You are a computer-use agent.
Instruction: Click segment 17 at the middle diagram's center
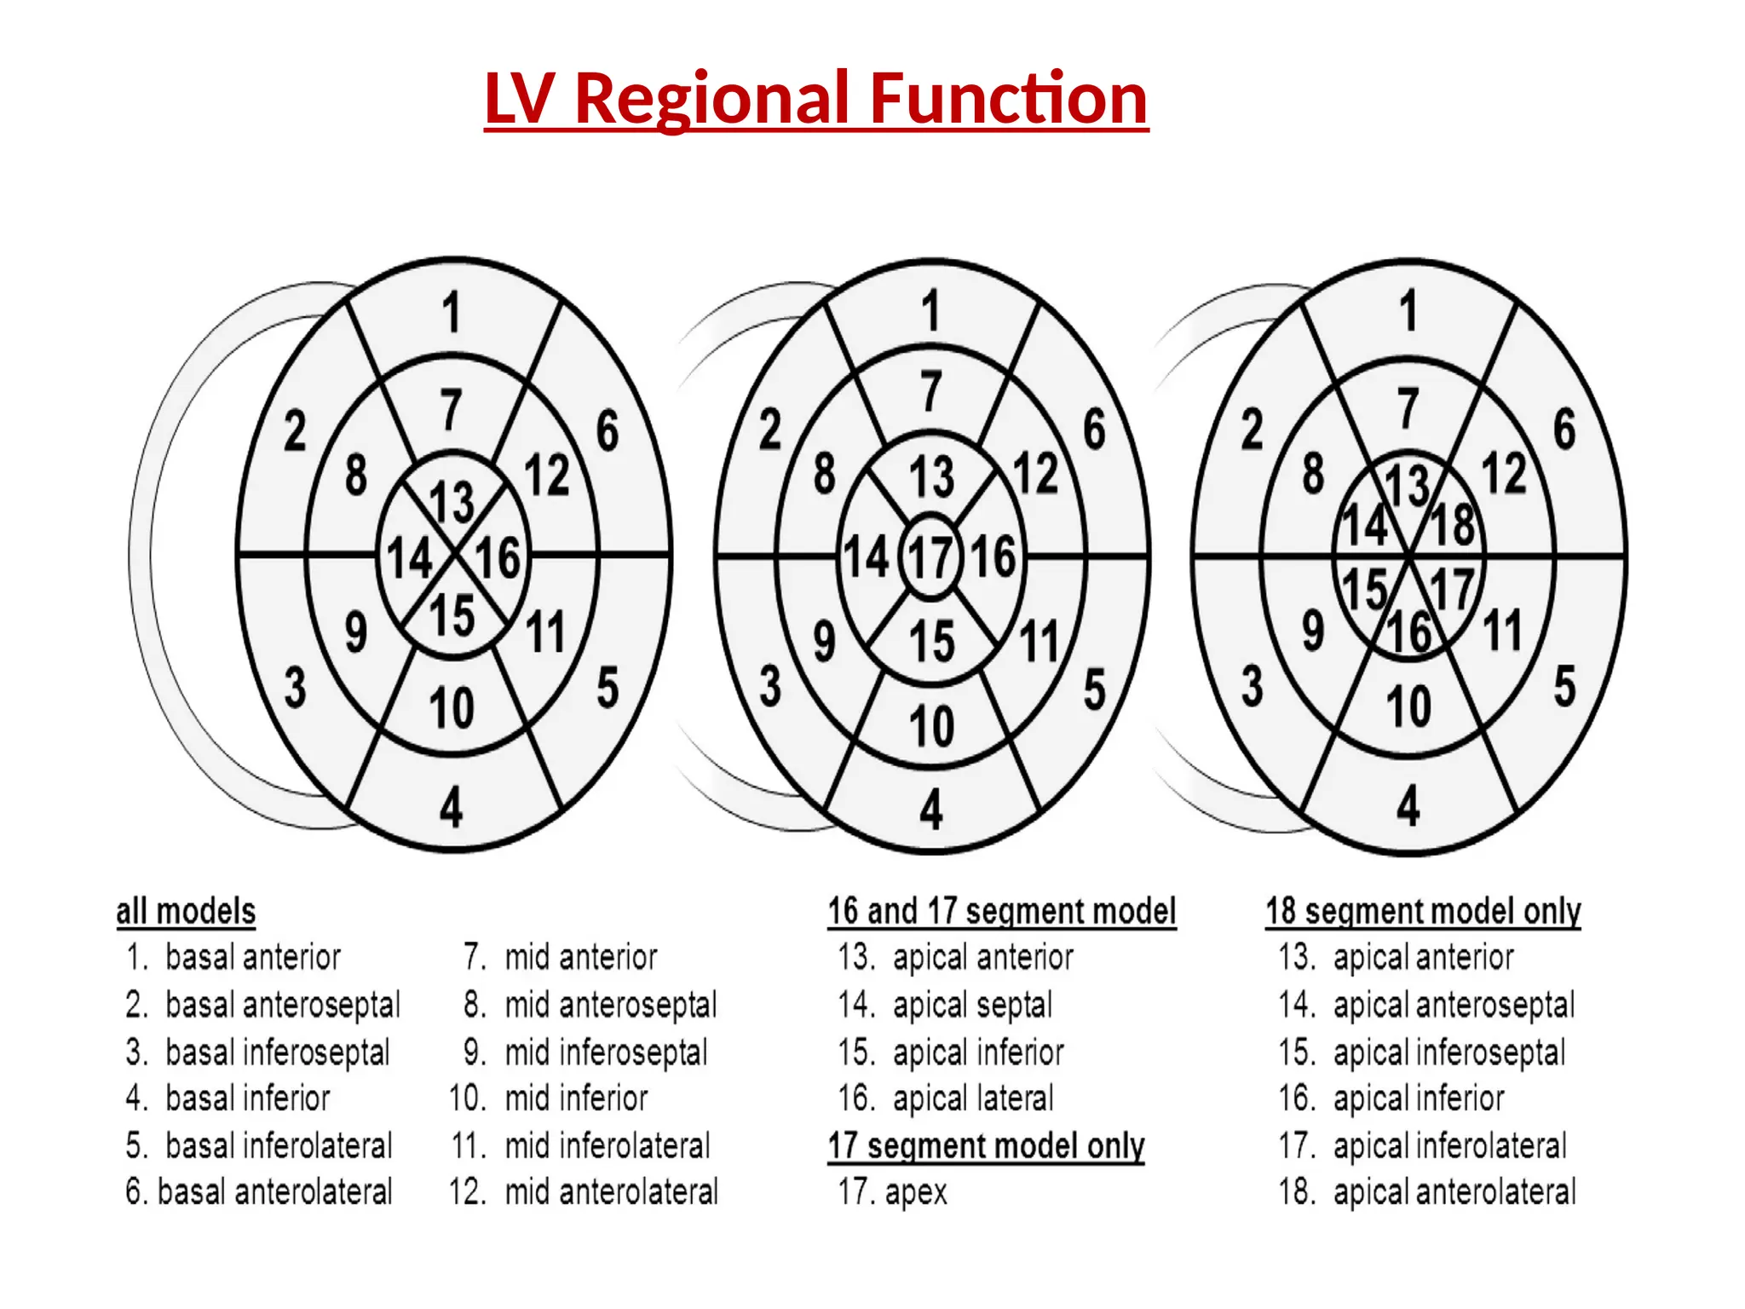click(x=930, y=558)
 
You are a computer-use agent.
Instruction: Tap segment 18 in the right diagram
click(x=1453, y=525)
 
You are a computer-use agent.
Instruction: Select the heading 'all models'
click(x=186, y=911)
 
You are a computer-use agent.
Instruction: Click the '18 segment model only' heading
click(x=1422, y=911)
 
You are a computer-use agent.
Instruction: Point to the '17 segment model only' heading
click(x=986, y=1145)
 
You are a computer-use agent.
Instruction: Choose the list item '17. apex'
click(x=892, y=1192)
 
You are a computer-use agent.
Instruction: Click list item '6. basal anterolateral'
click(x=259, y=1192)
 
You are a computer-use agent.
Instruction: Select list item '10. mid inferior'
click(x=550, y=1099)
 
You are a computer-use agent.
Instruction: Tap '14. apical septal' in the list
click(x=945, y=1005)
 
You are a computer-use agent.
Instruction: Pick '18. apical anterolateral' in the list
click(x=1427, y=1192)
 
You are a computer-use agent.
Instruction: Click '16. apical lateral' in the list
click(x=946, y=1099)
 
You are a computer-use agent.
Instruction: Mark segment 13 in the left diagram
click(x=452, y=502)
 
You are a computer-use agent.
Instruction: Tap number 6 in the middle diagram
click(x=1094, y=430)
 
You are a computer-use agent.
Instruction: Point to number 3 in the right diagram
click(x=1252, y=687)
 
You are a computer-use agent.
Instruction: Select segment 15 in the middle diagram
click(x=931, y=641)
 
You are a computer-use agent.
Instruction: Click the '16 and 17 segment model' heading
click(x=1001, y=911)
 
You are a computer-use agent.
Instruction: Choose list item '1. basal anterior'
click(x=233, y=958)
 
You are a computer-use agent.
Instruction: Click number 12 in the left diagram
click(x=546, y=475)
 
